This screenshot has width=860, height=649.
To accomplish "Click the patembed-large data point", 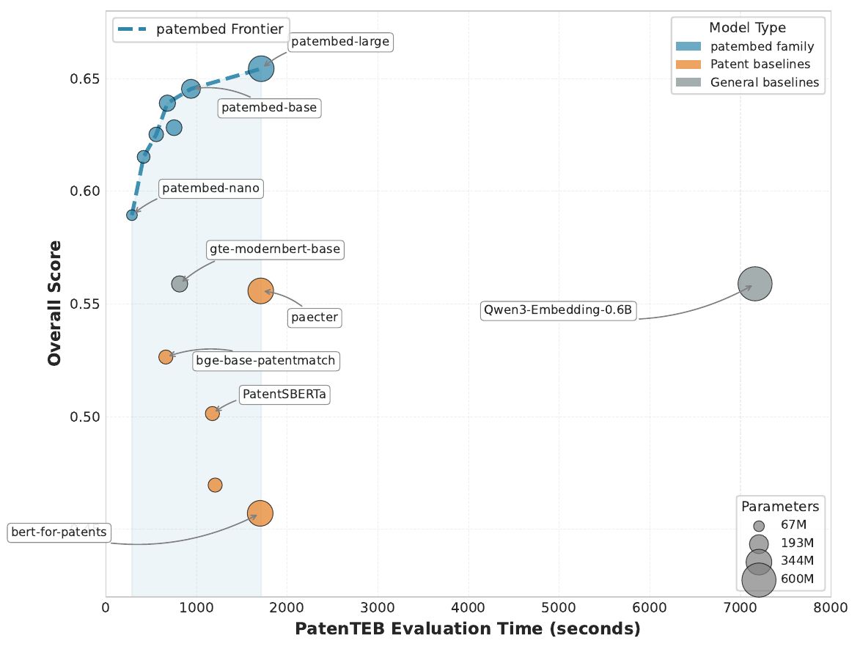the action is [x=261, y=69].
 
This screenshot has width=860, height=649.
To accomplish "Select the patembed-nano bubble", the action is [x=132, y=215].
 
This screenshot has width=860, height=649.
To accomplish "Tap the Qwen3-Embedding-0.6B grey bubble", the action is [x=755, y=284].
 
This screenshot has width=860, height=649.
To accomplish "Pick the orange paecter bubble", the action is [x=260, y=290].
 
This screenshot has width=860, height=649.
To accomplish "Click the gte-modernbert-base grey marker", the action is [x=180, y=284].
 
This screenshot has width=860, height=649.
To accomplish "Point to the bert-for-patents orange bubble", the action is [x=260, y=513].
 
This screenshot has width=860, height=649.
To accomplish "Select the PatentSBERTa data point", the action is [x=213, y=413].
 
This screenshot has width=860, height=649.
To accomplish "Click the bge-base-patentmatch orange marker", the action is [x=166, y=357].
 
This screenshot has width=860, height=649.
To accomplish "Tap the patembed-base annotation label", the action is [x=269, y=107].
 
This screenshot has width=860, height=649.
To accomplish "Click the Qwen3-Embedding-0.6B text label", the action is [x=558, y=310].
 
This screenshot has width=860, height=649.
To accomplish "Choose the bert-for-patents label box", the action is [x=59, y=532].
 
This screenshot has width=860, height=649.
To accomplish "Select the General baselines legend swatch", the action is [x=688, y=82].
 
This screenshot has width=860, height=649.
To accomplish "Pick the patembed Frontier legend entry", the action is [x=201, y=29].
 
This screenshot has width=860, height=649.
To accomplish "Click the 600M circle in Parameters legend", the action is [x=759, y=579].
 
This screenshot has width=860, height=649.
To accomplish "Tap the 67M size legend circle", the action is [x=759, y=526].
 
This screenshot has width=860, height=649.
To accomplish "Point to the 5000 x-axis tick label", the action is [x=559, y=608].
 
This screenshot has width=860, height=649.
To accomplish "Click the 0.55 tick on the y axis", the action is [x=85, y=304].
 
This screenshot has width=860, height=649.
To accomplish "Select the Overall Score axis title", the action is [x=54, y=303].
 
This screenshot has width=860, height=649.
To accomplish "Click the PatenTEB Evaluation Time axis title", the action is [x=468, y=628].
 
